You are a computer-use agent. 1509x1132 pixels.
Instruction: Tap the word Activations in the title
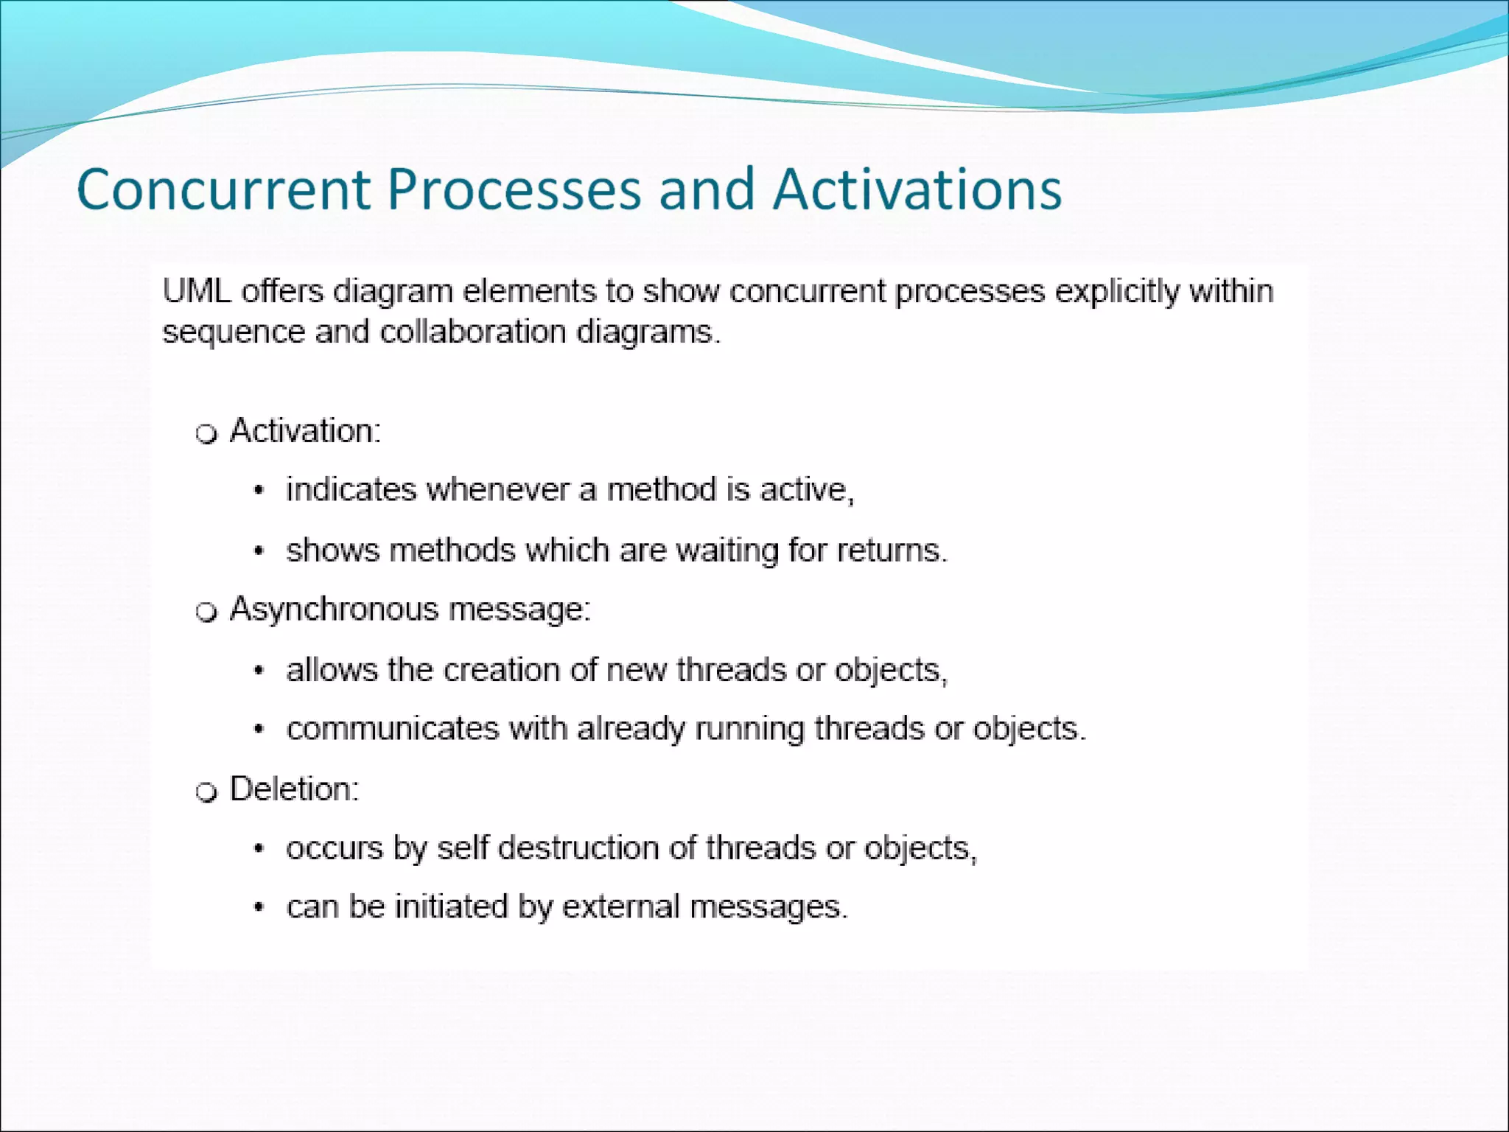pos(917,189)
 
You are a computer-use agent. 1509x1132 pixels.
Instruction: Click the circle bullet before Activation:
pos(207,434)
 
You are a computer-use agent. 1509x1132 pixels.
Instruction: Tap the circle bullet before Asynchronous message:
pos(207,612)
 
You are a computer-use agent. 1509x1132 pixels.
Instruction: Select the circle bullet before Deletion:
pos(207,792)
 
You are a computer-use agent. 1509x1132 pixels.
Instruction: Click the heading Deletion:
pos(294,789)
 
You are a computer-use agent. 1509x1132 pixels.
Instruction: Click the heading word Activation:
pos(305,430)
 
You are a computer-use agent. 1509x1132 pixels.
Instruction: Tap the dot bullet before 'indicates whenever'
pos(259,492)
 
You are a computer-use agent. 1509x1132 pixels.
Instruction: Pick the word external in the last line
pos(620,907)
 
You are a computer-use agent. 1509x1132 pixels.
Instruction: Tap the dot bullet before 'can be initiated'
pos(259,909)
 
